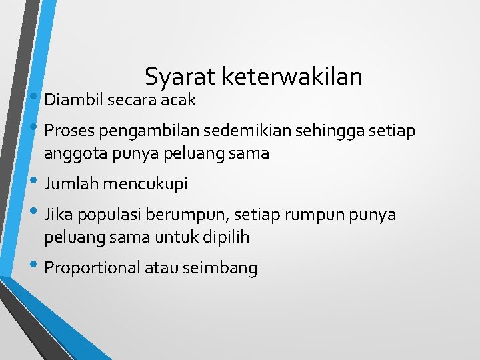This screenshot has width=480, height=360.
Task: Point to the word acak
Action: pos(177,100)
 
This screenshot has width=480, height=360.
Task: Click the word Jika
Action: pos(57,215)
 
